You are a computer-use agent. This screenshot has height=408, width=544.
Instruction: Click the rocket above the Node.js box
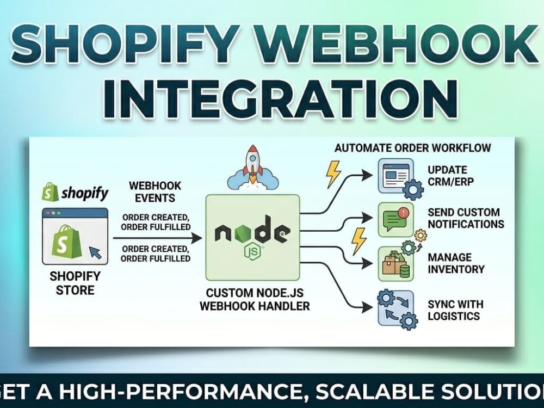tap(253, 164)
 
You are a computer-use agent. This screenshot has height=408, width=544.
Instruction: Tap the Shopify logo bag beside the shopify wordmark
tap(48, 191)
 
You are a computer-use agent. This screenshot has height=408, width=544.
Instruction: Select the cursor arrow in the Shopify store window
tap(96, 252)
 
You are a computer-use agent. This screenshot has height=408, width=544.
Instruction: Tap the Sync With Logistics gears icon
tap(396, 308)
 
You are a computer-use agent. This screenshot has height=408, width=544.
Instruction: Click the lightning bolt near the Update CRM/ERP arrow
tap(333, 174)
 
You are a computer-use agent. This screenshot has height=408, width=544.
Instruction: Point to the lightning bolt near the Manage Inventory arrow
tap(358, 241)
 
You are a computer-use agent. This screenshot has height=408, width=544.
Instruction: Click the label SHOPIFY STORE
tap(75, 283)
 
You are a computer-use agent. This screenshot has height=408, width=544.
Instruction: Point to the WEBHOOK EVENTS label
tap(155, 192)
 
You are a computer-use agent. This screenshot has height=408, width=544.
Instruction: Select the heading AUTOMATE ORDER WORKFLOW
tap(413, 148)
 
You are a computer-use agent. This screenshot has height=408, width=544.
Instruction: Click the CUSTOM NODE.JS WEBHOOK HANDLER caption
tap(255, 299)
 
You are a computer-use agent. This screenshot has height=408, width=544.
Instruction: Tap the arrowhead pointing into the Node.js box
tap(196, 238)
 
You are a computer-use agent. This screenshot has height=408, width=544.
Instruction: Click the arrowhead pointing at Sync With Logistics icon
tap(368, 307)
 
